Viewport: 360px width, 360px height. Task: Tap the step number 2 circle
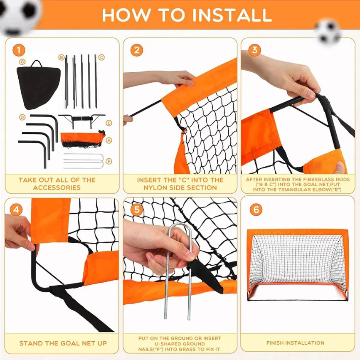137,51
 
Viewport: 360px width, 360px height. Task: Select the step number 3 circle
255,51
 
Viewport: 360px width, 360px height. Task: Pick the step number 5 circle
137,210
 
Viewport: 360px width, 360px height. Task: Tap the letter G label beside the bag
22,62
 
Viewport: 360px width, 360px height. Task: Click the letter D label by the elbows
22,118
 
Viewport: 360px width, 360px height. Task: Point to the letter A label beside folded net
109,141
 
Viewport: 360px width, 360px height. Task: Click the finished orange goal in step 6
297,264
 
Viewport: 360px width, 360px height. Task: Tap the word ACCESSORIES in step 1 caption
57,187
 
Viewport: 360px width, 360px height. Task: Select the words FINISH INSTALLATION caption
296,343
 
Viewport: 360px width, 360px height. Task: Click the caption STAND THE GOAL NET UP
63,343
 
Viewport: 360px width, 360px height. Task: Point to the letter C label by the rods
101,57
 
